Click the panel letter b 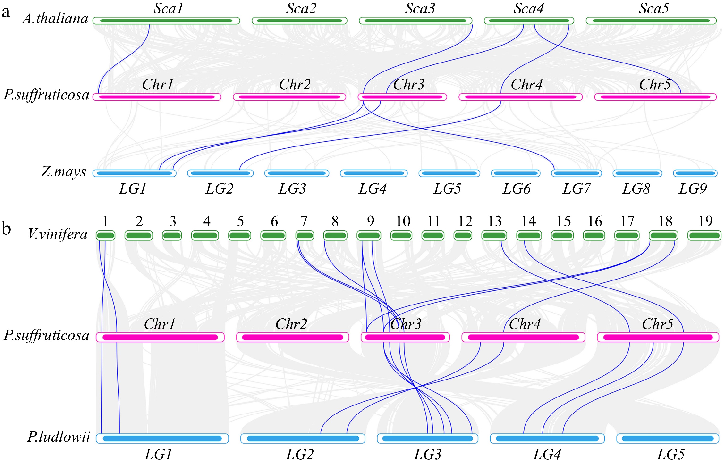[x=6, y=229]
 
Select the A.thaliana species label [x=55, y=19]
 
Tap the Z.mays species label [x=64, y=172]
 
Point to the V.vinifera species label [x=58, y=234]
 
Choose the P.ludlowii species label [x=59, y=437]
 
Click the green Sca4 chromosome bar [x=529, y=21]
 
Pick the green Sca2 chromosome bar [x=299, y=21]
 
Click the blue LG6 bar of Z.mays [x=516, y=173]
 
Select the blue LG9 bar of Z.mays [x=695, y=173]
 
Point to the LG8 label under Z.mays [x=636, y=189]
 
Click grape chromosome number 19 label [x=705, y=222]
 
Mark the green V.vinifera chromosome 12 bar [x=463, y=236]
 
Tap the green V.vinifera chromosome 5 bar [x=240, y=236]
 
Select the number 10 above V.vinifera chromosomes [x=403, y=222]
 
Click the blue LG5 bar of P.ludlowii [x=668, y=438]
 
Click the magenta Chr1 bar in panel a [x=157, y=97]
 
